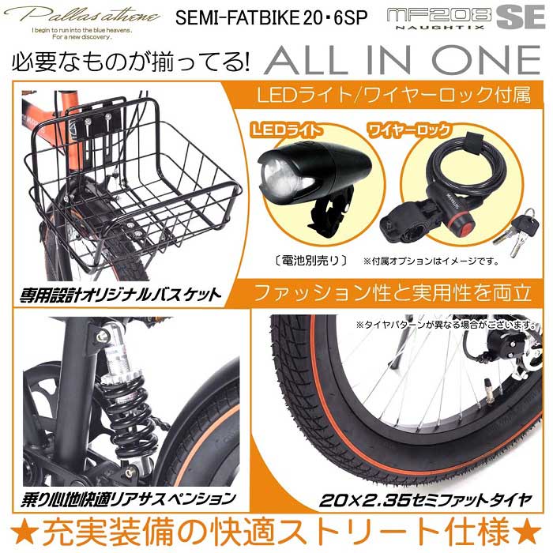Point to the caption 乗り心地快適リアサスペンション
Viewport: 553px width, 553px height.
(x=126, y=498)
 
